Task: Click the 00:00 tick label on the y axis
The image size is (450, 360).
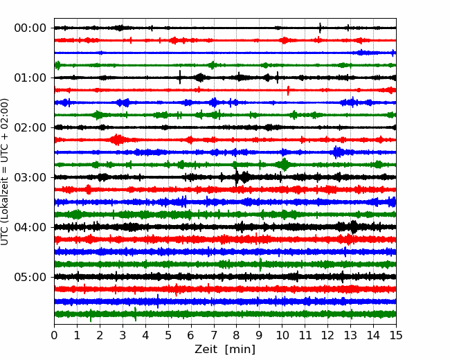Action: pos(30,28)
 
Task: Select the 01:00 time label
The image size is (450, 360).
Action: pos(30,78)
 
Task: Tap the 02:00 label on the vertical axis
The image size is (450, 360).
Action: pos(30,127)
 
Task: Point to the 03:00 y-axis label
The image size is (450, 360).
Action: pos(30,177)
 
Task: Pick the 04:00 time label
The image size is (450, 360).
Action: pos(30,227)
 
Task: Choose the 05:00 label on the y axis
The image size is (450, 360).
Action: pos(30,277)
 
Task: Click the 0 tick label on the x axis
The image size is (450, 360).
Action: pos(54,335)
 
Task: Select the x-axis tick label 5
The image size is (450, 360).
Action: pos(168,335)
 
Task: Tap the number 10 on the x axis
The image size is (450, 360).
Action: pos(282,335)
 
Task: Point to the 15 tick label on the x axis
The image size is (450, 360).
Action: pos(396,335)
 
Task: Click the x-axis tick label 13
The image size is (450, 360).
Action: pos(351,335)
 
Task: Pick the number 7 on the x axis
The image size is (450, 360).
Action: pos(214,335)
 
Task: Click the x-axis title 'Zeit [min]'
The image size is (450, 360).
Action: pos(225,350)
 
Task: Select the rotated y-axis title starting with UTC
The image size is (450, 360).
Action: pos(5,172)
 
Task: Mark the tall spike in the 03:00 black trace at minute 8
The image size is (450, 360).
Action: pos(237,177)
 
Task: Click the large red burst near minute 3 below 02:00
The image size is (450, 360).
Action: pos(117,140)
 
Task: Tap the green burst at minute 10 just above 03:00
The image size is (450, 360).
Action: pos(284,165)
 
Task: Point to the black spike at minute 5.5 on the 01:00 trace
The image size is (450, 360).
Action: pos(180,77)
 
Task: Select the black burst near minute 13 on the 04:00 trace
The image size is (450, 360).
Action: pos(354,227)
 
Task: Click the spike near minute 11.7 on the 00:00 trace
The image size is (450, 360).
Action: pos(321,28)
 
